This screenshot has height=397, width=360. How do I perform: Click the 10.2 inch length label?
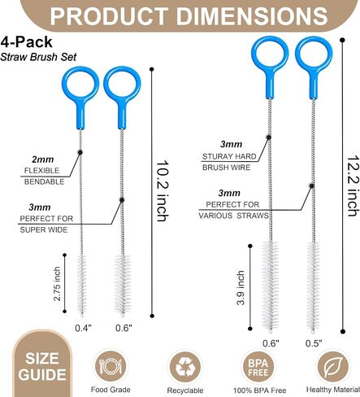coord(163,191)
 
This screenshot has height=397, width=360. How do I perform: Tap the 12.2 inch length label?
coord(353,185)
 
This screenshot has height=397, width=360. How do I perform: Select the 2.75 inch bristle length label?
coord(57,284)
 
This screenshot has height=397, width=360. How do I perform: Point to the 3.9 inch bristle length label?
coord(241,288)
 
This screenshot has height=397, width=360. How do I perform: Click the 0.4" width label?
coord(84,328)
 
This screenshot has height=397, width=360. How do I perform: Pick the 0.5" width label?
coord(314,343)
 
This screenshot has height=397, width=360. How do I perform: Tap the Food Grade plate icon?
coord(111,366)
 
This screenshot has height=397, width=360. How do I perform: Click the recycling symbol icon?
coord(185,367)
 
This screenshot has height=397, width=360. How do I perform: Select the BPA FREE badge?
coord(258,367)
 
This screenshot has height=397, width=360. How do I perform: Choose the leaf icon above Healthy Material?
coord(333,367)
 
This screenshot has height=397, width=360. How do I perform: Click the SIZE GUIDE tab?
coord(42,364)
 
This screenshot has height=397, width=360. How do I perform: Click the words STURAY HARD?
coord(229,156)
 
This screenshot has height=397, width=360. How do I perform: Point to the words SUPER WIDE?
coord(44,230)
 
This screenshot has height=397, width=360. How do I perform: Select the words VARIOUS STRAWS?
coord(233,216)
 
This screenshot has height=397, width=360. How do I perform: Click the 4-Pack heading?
coord(26,42)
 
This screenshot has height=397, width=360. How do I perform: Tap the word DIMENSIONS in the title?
coord(252,16)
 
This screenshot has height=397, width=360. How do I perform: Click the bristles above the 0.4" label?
coord(82,285)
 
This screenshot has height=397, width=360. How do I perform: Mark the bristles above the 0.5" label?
coord(314,286)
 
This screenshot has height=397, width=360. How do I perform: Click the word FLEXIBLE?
coord(41,171)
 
